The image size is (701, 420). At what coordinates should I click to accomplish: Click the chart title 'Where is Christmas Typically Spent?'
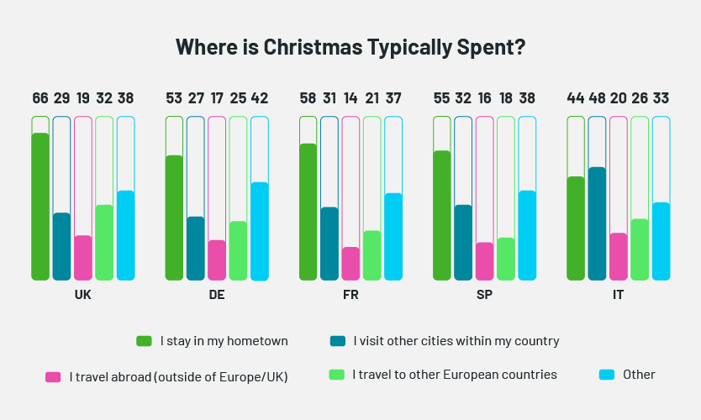[350, 47]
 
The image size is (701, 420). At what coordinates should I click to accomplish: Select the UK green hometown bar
[40, 206]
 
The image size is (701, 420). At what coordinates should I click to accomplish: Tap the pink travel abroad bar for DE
[217, 260]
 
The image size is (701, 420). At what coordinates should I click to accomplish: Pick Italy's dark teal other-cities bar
[597, 223]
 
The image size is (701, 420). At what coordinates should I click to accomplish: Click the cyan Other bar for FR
[393, 236]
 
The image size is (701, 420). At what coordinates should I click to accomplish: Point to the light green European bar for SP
[505, 259]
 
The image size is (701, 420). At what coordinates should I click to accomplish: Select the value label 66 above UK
[40, 98]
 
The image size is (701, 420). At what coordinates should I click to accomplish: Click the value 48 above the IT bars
[597, 98]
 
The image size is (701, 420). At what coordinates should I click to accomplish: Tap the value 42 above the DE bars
[260, 98]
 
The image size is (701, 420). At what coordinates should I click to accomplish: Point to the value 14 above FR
[350, 98]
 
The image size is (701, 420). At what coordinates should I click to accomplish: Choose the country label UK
[82, 296]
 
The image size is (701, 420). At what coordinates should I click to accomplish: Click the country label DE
[217, 296]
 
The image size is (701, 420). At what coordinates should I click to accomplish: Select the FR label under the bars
[350, 296]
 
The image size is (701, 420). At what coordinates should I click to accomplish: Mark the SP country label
[484, 296]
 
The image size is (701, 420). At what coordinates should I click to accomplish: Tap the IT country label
[618, 296]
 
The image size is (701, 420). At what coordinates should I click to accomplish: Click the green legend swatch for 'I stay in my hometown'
[145, 341]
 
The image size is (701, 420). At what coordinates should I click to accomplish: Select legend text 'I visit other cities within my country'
[456, 341]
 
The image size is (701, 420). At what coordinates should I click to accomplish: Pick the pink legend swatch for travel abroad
[53, 377]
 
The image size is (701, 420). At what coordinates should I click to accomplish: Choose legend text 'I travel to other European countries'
[455, 375]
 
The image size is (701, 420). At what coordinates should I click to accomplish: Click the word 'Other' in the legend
[639, 375]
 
